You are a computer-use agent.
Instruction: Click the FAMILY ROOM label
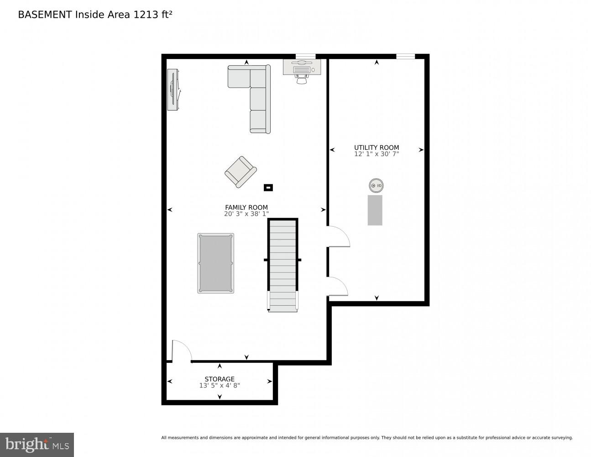point(246,207)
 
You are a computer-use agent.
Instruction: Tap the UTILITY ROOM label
point(377,148)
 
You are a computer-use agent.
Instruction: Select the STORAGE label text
point(220,379)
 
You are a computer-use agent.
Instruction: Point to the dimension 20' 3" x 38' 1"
point(246,213)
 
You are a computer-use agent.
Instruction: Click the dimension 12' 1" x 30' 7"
point(377,154)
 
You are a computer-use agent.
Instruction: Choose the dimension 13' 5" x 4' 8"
point(220,385)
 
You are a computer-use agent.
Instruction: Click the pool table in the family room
point(215,263)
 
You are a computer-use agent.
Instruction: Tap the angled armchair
point(240,171)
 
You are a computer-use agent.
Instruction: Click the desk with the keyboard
point(302,67)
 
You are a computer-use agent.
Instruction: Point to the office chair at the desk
point(302,80)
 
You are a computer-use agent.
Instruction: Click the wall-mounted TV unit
point(173,90)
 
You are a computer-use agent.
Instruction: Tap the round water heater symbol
point(376,186)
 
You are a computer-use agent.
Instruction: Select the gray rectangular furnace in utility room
point(375,210)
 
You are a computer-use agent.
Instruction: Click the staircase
point(282,265)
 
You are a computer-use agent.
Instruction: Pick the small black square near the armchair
point(268,187)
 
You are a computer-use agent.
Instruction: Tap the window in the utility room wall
point(405,57)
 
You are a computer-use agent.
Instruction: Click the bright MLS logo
point(37,445)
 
